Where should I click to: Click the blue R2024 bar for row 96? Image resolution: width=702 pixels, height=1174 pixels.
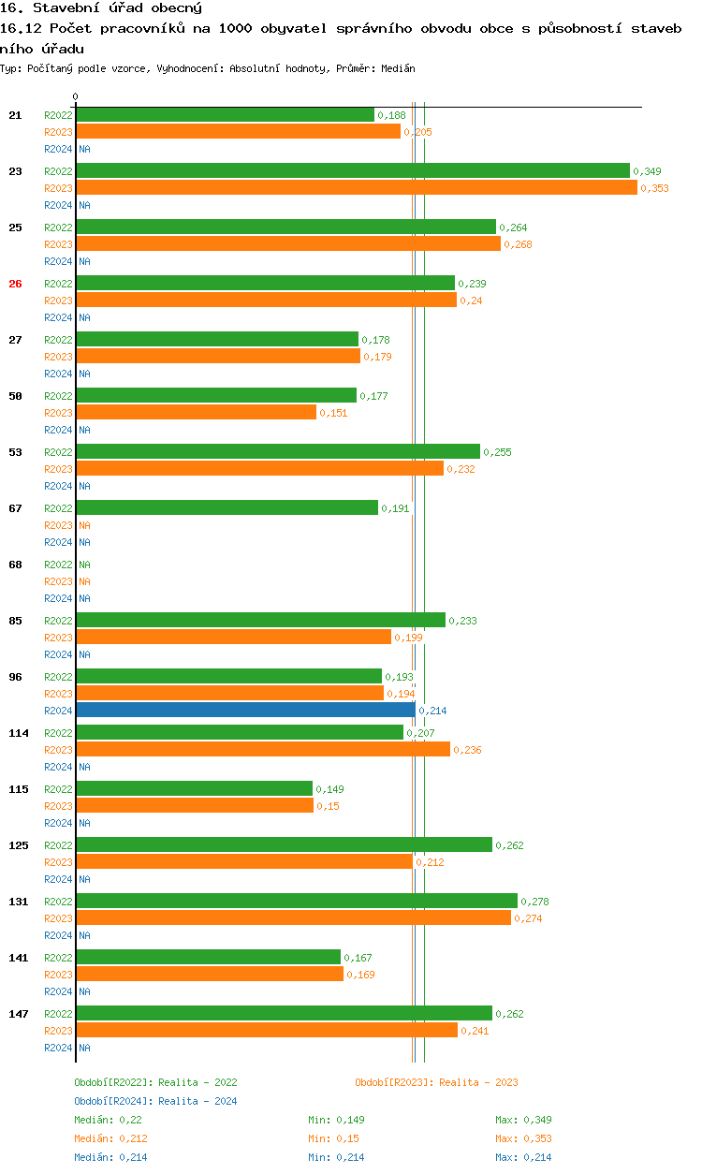coord(245,711)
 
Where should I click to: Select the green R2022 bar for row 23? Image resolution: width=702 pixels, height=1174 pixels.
coord(353,170)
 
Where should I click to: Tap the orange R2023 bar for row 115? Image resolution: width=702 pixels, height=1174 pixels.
coord(195,805)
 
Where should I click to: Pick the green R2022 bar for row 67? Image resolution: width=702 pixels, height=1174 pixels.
coord(227,507)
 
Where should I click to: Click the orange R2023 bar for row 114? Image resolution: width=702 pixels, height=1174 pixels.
coord(263,749)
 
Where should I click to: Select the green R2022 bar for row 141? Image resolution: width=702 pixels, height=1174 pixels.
coord(208,957)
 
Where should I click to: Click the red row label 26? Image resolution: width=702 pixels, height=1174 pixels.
coord(15,284)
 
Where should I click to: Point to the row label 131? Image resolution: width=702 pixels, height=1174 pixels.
coord(19,902)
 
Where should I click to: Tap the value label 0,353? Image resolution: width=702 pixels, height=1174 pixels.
coord(654,188)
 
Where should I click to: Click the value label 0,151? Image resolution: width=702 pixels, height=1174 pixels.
coord(333,413)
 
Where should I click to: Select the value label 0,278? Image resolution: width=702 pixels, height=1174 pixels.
coord(534,902)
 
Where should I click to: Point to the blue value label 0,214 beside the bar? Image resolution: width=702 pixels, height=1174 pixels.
coord(432,711)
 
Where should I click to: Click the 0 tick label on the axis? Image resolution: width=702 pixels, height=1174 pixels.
coord(76,97)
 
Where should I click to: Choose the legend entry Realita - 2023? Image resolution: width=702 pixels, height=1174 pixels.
coord(436,1082)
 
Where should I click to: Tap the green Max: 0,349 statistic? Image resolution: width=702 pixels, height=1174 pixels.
coord(523,1120)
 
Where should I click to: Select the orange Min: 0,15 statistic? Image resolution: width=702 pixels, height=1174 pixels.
coord(333,1138)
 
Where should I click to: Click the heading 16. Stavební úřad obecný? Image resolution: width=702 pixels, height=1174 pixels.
coord(101,8)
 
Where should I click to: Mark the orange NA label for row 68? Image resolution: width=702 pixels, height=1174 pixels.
coord(84,581)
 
